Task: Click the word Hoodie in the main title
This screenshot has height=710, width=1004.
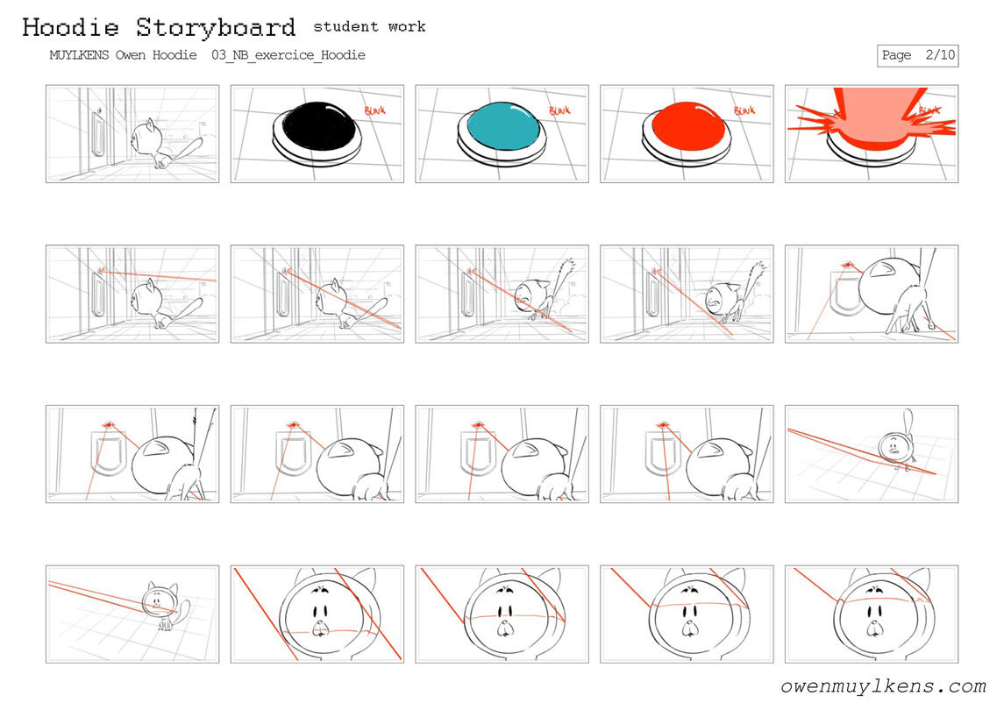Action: (x=70, y=27)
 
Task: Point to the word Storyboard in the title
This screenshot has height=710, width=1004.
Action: (x=216, y=27)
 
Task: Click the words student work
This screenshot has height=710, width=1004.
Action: (x=369, y=26)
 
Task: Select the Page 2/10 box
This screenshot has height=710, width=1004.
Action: (x=917, y=56)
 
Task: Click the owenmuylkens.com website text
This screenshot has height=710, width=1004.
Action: (x=883, y=686)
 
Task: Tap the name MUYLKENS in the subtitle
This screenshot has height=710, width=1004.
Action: (x=80, y=55)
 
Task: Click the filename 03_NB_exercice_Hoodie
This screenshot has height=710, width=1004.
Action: (x=288, y=55)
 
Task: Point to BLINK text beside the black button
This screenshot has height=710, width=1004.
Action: (x=375, y=110)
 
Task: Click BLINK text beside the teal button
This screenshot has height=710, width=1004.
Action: (x=559, y=110)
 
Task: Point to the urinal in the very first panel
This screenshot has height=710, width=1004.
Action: (x=98, y=133)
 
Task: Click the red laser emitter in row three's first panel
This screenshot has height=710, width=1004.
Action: (x=108, y=424)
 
